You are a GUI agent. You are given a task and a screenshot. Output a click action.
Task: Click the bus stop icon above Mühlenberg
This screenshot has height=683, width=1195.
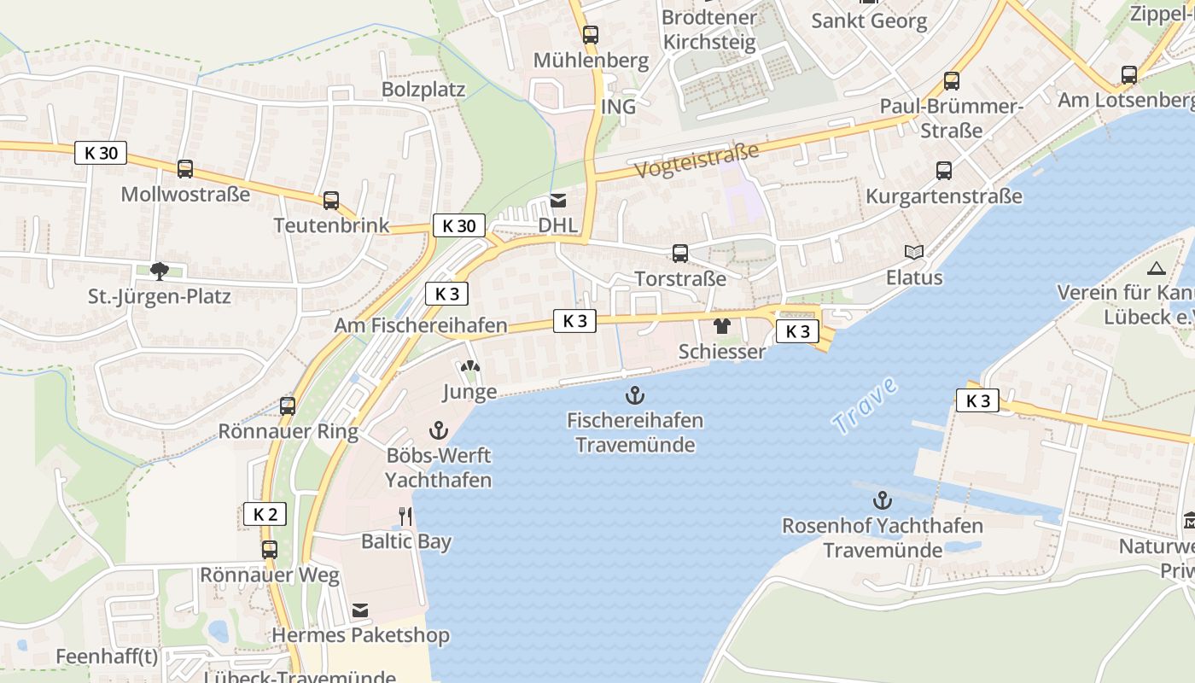point(591,35)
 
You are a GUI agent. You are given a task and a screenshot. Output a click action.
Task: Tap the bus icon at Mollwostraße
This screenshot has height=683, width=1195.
point(185,169)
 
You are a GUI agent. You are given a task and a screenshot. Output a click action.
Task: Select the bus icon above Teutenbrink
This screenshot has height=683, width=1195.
point(331,201)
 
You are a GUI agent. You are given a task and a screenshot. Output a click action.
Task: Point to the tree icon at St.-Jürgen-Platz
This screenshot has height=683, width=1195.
point(159,271)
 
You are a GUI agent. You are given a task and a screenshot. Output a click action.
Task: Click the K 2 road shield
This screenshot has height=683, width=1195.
point(265,514)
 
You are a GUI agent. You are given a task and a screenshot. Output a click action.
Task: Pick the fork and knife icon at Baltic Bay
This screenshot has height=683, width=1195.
point(405,516)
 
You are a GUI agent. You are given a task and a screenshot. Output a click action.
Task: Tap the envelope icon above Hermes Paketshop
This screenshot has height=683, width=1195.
point(360,610)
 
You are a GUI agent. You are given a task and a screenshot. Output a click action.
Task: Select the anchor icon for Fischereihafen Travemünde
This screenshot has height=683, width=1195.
point(634,394)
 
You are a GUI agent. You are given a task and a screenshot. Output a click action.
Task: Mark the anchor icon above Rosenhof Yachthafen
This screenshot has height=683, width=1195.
point(883,500)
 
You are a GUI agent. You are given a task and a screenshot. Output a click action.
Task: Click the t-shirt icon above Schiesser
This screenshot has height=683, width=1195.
point(722,326)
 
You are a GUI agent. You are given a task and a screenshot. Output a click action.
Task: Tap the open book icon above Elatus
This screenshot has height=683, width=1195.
point(914,252)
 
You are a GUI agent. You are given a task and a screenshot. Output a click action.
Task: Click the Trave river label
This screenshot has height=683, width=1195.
point(866,406)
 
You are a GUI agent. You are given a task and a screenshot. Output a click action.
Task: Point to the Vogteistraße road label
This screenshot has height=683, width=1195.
point(697,161)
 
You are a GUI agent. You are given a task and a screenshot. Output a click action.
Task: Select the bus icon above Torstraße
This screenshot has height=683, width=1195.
point(680,254)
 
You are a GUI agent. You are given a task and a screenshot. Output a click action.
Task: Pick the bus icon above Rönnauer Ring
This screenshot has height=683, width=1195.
point(288,406)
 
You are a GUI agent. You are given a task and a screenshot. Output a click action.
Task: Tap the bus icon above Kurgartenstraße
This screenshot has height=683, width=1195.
point(944,171)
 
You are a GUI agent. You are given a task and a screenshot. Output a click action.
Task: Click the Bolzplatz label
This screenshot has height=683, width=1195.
point(423,90)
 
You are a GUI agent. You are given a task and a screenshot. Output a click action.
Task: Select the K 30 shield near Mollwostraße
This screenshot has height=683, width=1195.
point(101,154)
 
